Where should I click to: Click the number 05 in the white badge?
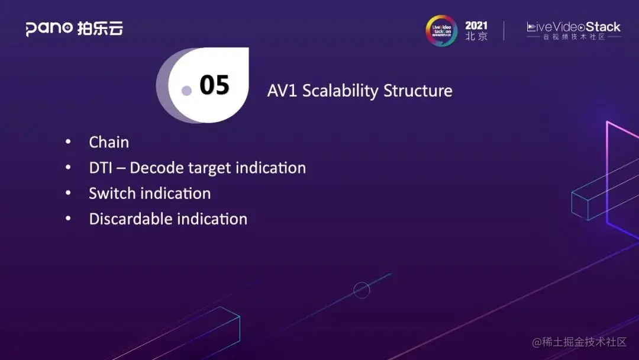[214, 85]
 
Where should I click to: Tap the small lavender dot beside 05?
[186, 91]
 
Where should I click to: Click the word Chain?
[109, 142]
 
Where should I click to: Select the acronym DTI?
[100, 168]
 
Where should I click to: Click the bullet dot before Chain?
[68, 142]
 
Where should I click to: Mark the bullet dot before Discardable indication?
[68, 218]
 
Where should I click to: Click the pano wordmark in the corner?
[49, 28]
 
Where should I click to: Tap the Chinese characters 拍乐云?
[100, 28]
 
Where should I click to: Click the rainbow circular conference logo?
[441, 30]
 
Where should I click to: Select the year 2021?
[476, 25]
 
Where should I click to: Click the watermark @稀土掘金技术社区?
[579, 342]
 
